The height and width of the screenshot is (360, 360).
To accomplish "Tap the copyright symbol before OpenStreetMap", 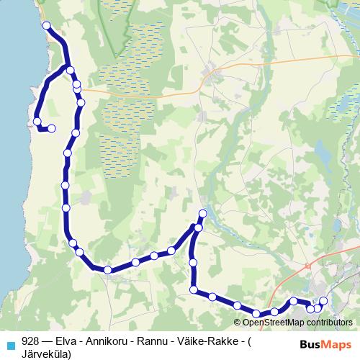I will coord(237,322).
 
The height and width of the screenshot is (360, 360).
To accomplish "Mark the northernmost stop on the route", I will coord(47,26).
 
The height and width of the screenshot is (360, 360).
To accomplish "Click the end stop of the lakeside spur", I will coord(52,129).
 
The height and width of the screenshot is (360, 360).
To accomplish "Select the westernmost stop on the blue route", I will coord(37,121).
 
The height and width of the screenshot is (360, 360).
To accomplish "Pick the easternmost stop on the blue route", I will coord(323,300).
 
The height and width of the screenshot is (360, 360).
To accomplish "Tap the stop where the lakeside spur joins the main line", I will coord(70,69).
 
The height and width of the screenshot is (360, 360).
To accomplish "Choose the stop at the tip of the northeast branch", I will coord(202,214).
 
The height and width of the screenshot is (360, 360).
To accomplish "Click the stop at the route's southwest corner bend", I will coord(107,270).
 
